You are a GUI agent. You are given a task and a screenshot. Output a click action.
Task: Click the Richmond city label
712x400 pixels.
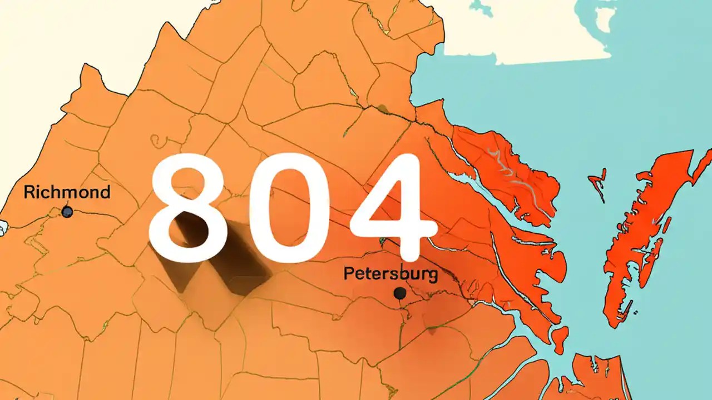pos(67,193)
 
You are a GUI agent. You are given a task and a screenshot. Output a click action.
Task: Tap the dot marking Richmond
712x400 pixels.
pos(67,212)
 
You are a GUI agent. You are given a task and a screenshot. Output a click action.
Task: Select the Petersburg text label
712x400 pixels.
pos(383,273)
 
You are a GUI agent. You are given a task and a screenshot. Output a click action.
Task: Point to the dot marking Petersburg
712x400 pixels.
pos(398,293)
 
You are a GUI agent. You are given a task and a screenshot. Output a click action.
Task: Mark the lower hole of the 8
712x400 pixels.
pos(187,228)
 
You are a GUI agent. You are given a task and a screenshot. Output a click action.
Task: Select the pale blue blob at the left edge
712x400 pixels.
pos(3,227)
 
